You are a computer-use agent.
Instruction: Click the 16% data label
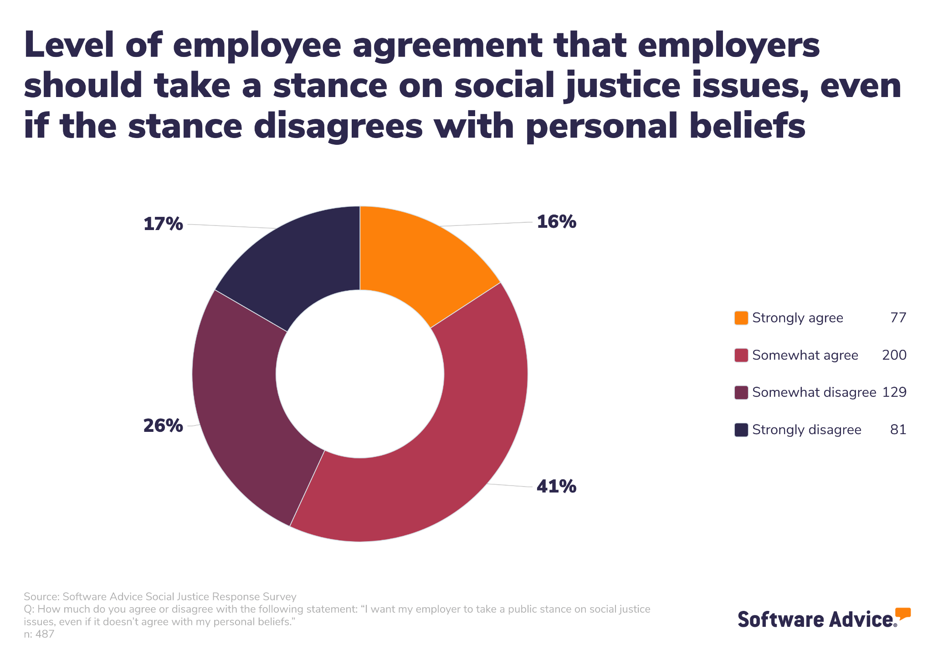point(556,222)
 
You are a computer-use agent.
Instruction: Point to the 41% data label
point(556,487)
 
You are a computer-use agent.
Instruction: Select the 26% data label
point(163,426)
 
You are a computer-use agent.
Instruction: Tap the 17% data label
point(163,224)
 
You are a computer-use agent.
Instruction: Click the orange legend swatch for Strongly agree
point(741,318)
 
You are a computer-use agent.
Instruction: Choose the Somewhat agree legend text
point(805,355)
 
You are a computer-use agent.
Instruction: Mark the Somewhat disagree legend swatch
point(741,393)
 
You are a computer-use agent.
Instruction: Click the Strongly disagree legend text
point(806,430)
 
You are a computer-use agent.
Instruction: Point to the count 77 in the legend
point(898,318)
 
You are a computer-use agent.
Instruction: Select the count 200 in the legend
point(894,355)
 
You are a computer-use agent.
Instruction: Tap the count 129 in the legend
point(894,393)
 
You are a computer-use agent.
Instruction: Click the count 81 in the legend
point(898,430)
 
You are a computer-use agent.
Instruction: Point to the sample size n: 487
point(39,634)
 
